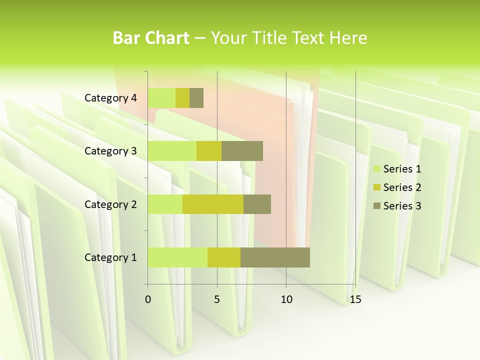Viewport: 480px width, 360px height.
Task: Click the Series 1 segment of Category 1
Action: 177,257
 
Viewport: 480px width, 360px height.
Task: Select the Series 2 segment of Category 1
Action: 224,257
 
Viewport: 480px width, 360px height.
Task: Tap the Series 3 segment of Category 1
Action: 275,257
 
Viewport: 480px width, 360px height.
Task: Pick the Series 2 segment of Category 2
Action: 213,204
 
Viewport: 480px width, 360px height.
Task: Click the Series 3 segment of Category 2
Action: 257,204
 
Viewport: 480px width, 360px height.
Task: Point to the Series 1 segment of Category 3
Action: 172,151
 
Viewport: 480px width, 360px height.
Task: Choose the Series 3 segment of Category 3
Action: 242,151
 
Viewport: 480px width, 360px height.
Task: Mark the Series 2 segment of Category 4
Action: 182,98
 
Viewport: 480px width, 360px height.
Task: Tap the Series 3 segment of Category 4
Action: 196,98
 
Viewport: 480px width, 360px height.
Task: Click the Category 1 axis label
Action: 110,257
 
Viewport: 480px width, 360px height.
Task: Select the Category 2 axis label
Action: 110,204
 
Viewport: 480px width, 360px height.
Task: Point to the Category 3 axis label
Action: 110,151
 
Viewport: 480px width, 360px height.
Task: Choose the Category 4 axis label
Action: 110,98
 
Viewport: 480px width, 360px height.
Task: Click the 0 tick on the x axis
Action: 148,299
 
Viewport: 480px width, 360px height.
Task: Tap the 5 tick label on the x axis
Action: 217,299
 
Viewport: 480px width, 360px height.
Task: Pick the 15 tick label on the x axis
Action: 355,299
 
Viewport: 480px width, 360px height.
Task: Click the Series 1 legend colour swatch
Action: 376,169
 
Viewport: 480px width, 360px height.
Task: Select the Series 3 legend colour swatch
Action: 376,206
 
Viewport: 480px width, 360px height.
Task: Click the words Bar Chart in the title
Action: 151,38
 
